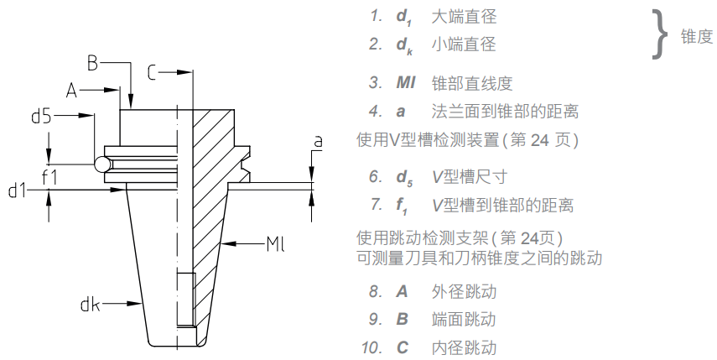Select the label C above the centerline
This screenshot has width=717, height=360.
pos(152,74)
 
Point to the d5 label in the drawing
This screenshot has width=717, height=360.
pos(42,117)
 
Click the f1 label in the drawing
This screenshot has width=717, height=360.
pos(49,176)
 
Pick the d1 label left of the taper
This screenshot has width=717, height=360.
pos(18,192)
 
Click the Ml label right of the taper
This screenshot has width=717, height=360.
pos(277,245)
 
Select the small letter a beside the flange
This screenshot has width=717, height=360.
pos(318,143)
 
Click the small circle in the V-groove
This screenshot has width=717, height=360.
pos(102,164)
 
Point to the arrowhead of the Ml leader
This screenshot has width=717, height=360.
pos(227,245)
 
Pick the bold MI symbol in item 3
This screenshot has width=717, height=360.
pos(406,83)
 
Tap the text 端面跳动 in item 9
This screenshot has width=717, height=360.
pos(463,320)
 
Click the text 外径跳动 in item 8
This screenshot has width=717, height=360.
pos(463,292)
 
